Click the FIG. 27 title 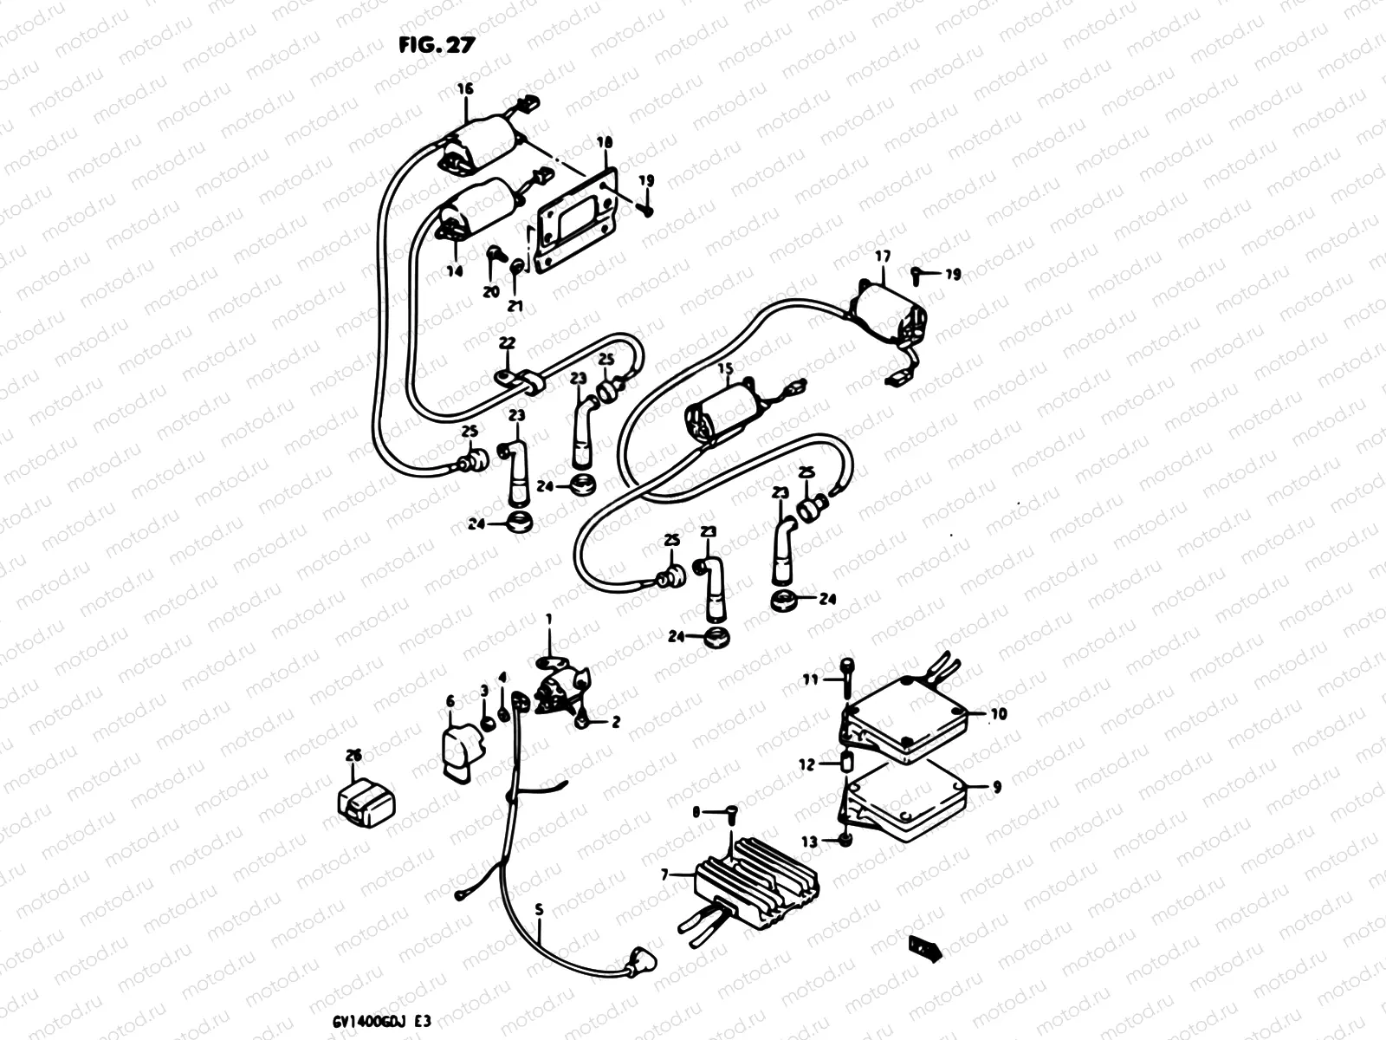(437, 45)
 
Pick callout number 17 (882, 257)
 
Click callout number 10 (999, 714)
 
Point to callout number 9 (996, 788)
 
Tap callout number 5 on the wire (539, 911)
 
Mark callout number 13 (809, 842)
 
